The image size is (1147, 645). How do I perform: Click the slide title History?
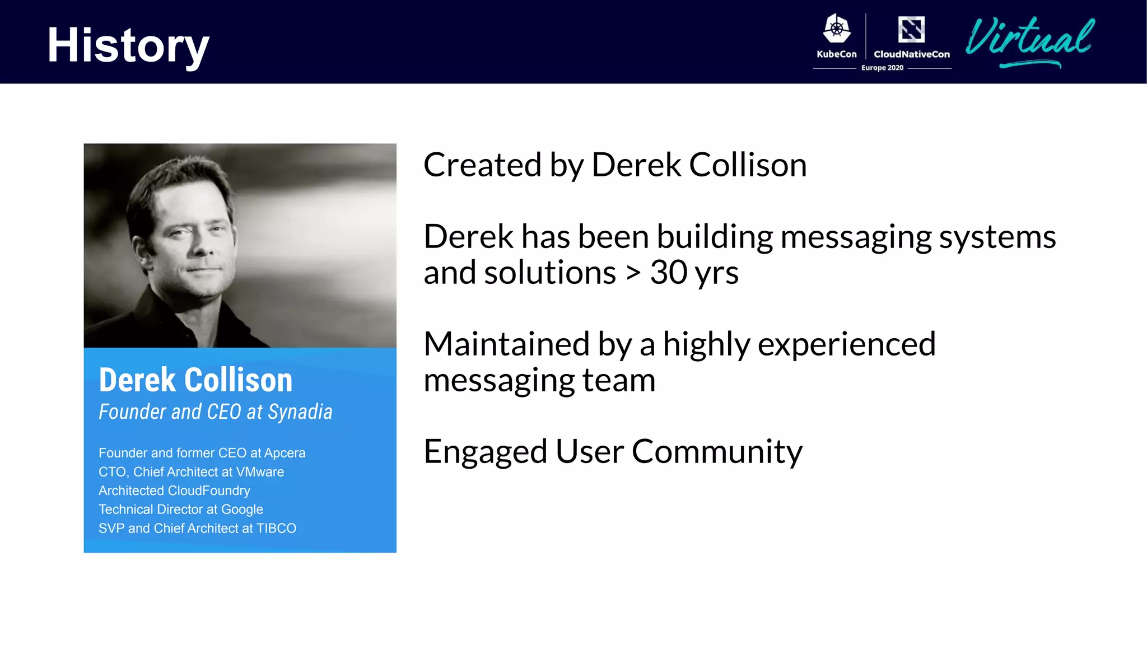point(128,46)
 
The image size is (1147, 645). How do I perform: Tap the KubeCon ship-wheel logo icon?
point(837,29)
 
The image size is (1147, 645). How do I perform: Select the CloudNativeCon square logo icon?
point(911,29)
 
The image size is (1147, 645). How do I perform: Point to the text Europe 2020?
point(882,68)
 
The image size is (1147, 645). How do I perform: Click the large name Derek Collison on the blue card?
point(195,380)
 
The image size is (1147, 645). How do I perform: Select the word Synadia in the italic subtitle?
point(300,412)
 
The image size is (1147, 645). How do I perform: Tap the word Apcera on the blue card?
point(285,453)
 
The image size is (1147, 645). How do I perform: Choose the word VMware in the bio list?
point(260,472)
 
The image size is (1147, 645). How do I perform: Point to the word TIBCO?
point(276,529)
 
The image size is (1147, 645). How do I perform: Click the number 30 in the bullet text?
point(669,273)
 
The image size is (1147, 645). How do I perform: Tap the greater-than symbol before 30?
point(633,273)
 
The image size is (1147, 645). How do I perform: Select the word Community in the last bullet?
point(717,452)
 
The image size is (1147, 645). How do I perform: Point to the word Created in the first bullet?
point(482,165)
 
